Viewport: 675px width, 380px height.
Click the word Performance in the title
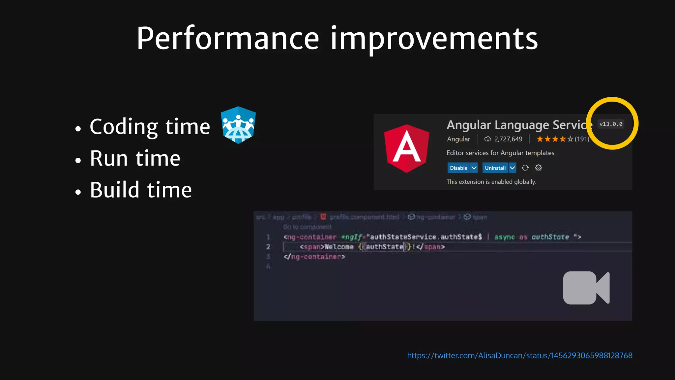tap(227, 39)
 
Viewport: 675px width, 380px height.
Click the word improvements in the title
tap(434, 39)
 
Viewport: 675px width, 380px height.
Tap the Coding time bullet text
tap(150, 127)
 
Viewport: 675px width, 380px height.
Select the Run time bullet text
tap(135, 158)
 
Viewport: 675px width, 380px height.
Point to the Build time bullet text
tap(141, 190)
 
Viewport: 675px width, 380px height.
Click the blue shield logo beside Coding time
tap(238, 125)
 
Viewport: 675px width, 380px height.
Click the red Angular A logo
tap(407, 149)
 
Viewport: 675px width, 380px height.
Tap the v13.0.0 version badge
tap(611, 124)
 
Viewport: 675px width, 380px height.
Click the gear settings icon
tap(538, 168)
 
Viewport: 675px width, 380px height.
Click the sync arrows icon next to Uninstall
tap(525, 168)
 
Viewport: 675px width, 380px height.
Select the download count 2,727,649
tap(508, 139)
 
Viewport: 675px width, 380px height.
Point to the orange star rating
tap(555, 139)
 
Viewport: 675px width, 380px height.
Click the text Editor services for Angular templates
tap(500, 153)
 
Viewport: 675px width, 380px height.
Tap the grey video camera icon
tap(586, 288)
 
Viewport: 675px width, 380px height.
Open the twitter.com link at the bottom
tap(519, 356)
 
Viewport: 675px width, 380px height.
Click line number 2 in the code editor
tap(268, 247)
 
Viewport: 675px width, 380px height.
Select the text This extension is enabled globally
tap(491, 182)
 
